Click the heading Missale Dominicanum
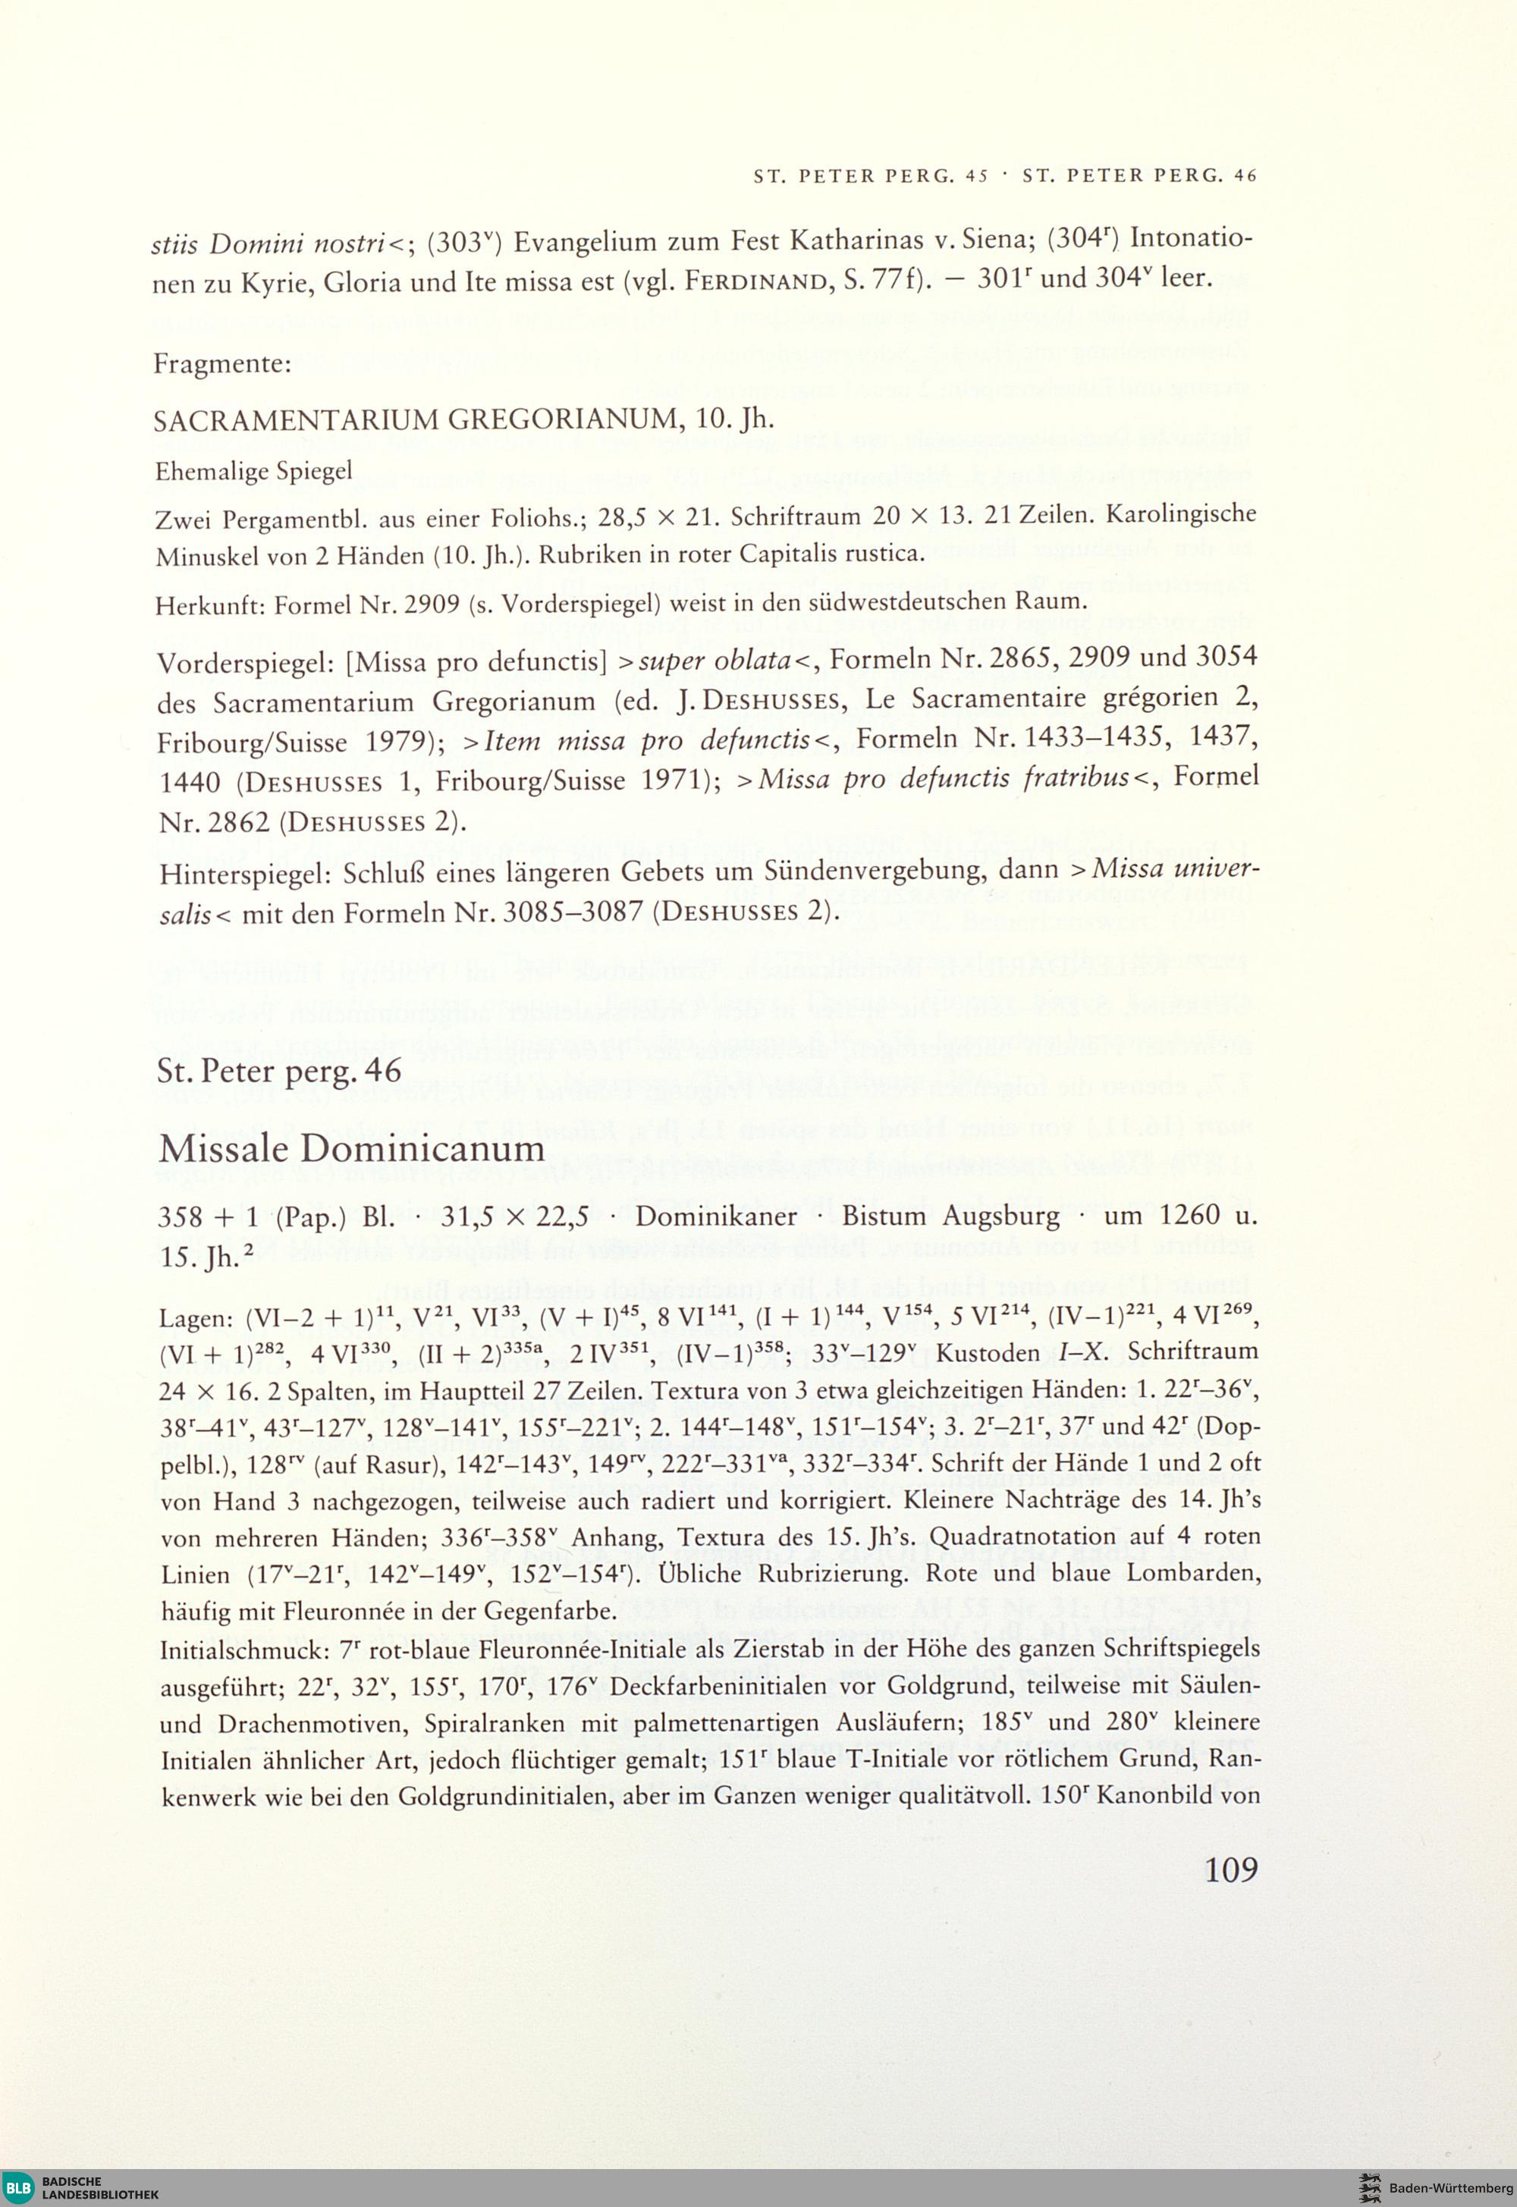352,1149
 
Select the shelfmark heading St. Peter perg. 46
281,1070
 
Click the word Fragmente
221,364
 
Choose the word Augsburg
1001,1217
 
